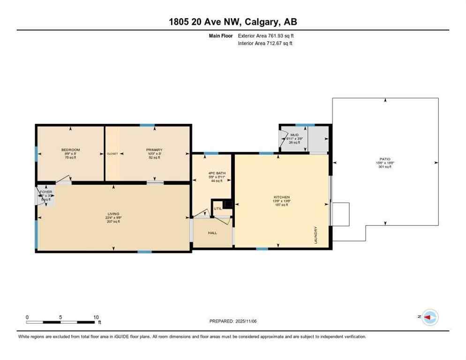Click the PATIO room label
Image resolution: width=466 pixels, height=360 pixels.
pos(385,159)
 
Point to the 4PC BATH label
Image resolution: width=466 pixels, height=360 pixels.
pos(217,173)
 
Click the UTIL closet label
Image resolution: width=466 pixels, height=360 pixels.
pos(218,209)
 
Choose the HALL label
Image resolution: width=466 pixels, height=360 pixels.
pos(212,232)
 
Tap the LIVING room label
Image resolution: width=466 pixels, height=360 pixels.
pos(113,214)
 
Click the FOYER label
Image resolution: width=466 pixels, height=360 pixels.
pos(45,192)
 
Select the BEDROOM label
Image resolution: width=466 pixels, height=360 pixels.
pos(71,150)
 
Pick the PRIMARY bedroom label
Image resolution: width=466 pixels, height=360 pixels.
pos(154,150)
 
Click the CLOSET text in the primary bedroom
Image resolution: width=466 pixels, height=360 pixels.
pos(112,154)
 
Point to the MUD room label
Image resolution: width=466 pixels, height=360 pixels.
pos(294,135)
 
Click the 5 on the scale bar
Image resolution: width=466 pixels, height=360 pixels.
pos(60,317)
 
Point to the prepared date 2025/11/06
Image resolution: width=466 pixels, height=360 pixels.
pos(246,321)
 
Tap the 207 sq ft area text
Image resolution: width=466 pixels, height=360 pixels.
pos(113,221)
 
